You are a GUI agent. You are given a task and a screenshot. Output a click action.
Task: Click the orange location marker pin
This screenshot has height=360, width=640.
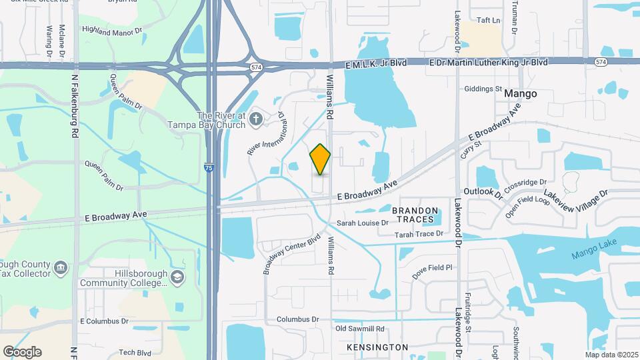tap(320, 159)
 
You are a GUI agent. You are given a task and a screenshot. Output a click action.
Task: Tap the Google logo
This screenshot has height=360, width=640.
tap(22, 351)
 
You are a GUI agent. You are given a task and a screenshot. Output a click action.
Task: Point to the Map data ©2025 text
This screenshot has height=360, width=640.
tap(611, 355)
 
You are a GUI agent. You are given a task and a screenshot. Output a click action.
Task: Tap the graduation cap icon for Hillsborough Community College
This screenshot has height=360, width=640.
tap(177, 277)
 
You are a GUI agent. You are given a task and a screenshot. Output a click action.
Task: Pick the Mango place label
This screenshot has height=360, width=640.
tap(520, 94)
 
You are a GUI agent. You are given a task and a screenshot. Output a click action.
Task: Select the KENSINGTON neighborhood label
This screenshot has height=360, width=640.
tap(377, 347)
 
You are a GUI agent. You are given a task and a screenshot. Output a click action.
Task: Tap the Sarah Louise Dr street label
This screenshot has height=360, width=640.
tap(362, 223)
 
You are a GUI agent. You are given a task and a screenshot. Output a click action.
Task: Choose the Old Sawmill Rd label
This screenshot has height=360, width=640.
tap(360, 329)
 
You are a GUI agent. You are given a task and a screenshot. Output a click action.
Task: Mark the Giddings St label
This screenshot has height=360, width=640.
tap(483, 89)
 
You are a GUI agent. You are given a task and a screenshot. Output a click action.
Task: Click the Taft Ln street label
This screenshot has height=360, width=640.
tap(487, 21)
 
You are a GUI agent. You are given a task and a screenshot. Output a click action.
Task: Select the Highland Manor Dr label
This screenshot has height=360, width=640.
tap(113, 30)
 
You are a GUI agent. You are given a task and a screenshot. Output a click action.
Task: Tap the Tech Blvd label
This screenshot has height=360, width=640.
tap(135, 353)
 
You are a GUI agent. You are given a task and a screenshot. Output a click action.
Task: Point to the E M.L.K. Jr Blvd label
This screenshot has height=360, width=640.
tap(377, 62)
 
